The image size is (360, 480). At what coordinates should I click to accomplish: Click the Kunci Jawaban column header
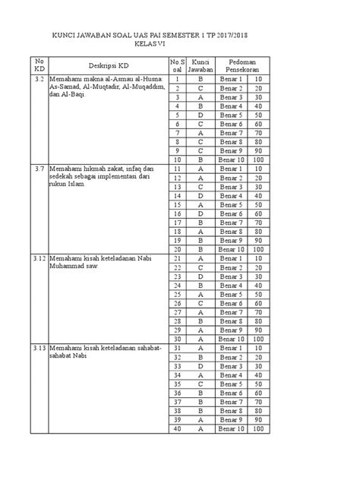click(x=201, y=65)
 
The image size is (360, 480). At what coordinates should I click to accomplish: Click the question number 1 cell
click(x=177, y=79)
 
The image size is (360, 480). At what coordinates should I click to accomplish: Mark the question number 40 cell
click(x=177, y=429)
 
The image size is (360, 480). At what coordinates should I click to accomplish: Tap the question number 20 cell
click(x=177, y=249)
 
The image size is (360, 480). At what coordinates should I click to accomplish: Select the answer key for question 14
click(x=201, y=195)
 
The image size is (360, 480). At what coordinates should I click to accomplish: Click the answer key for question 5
click(x=201, y=115)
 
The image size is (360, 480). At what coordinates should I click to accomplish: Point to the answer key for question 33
click(x=201, y=366)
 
